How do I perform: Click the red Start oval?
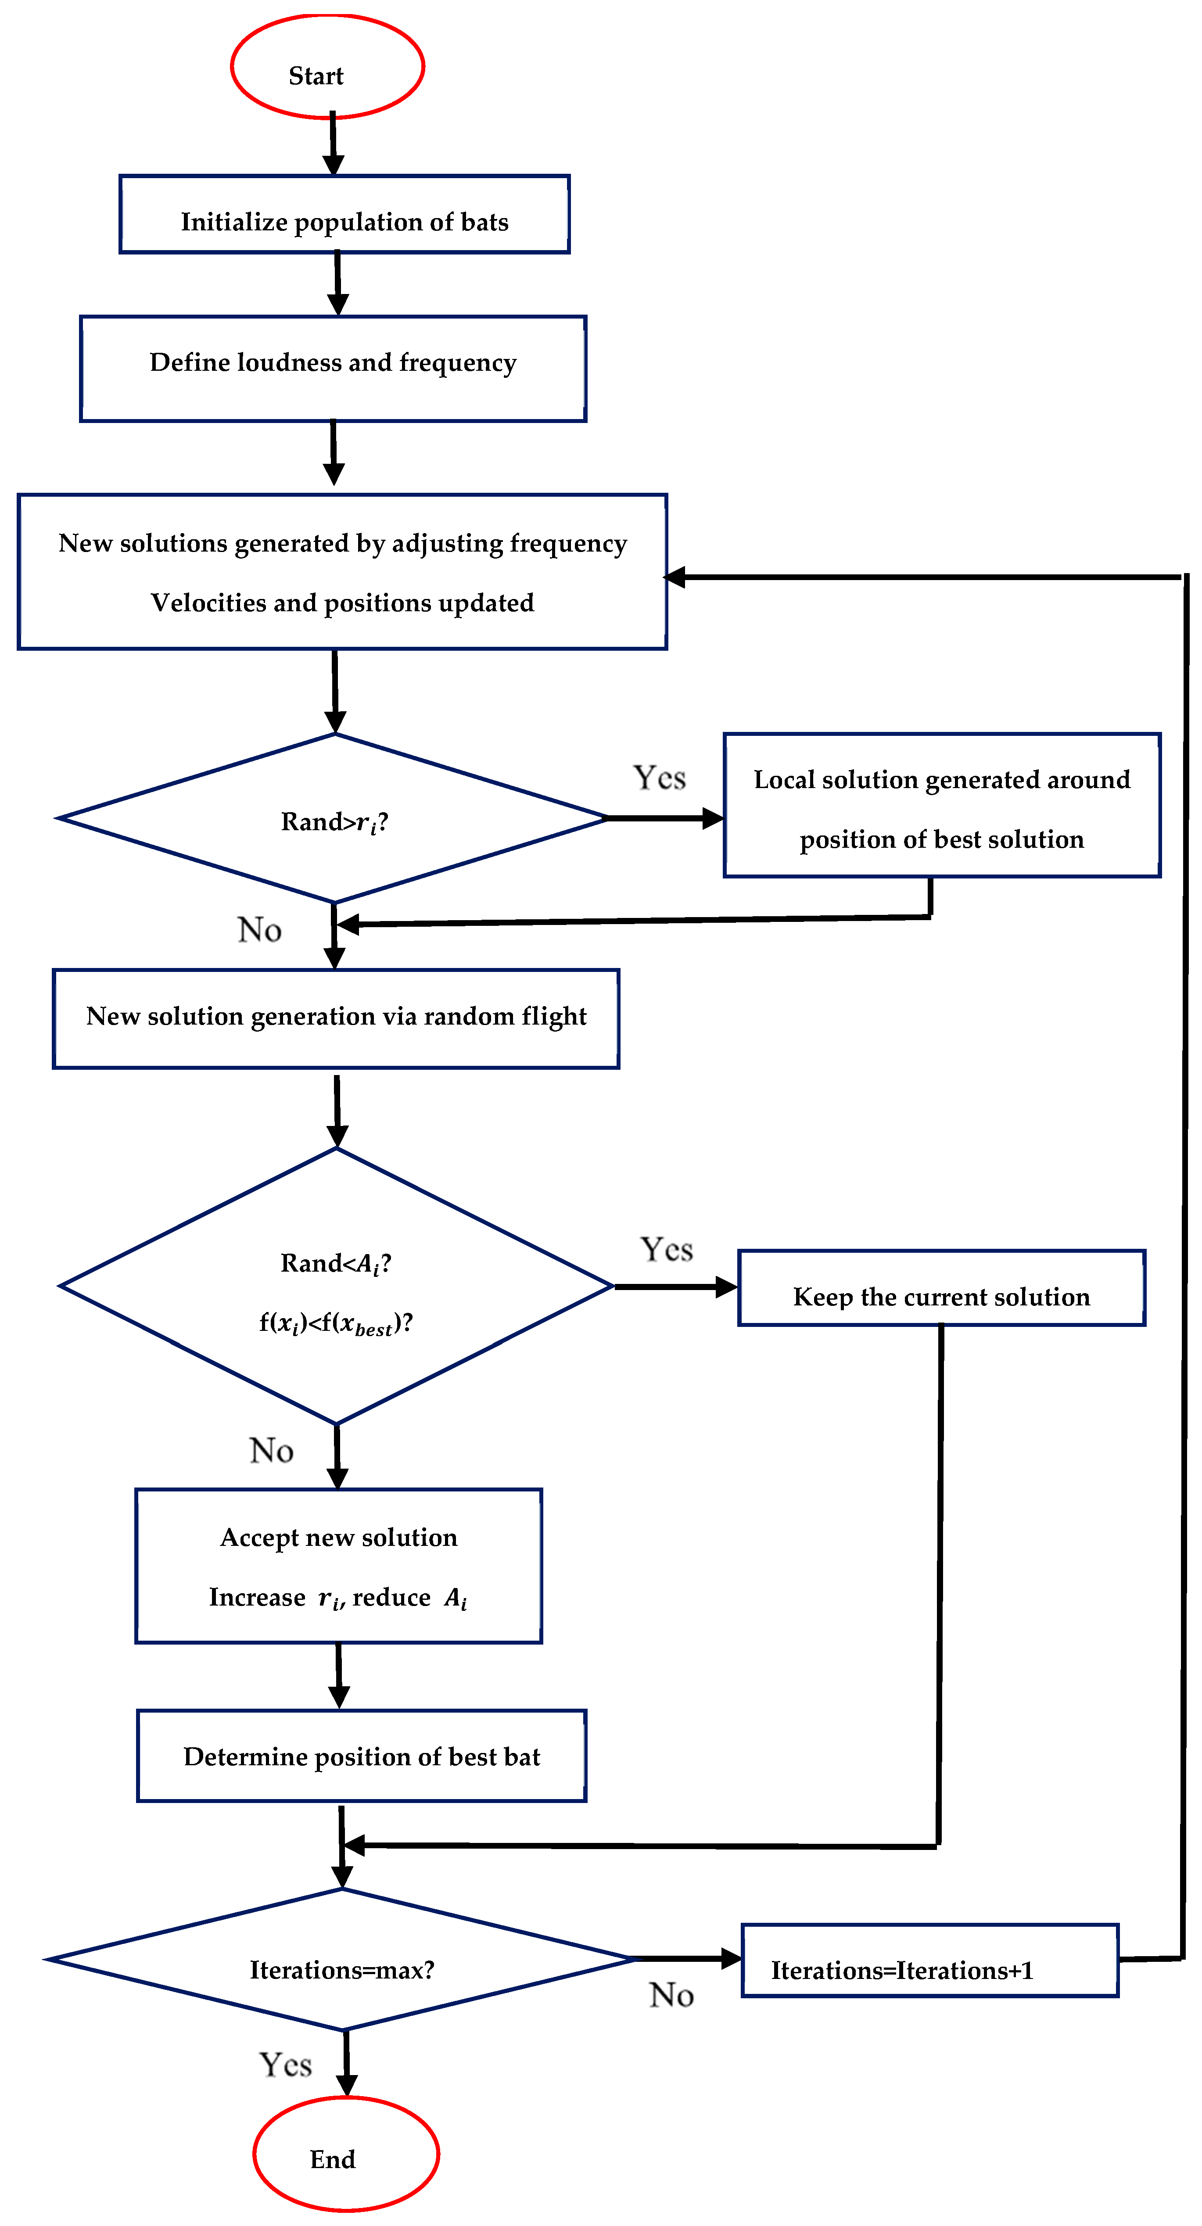[x=327, y=67]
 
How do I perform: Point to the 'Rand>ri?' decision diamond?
[x=334, y=818]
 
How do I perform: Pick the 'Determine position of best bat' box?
[x=361, y=1756]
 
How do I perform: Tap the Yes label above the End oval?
[x=285, y=2065]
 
